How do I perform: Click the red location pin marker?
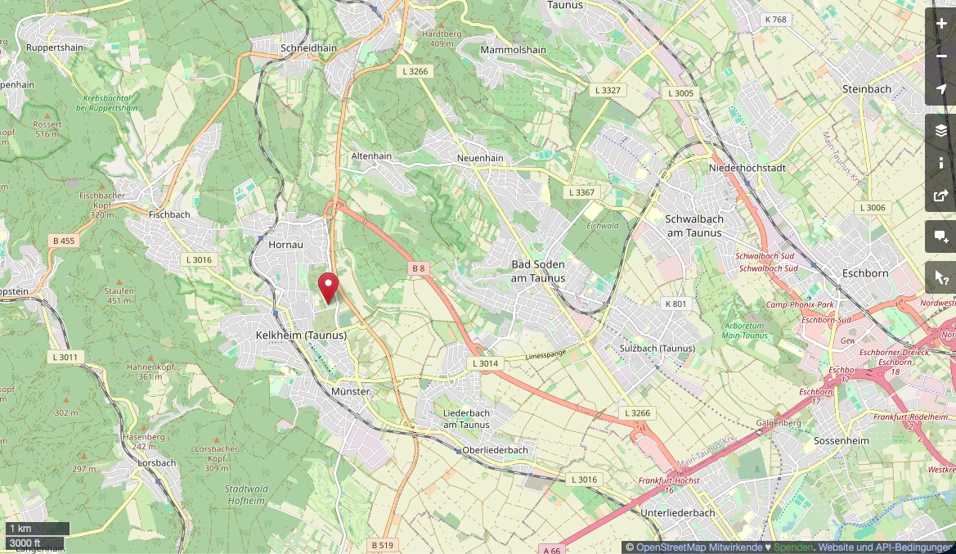(328, 287)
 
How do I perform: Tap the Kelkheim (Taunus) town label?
(301, 336)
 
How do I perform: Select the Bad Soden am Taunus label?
(538, 271)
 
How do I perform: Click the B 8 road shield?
(419, 268)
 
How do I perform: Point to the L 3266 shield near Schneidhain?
(415, 71)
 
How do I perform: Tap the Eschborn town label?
(865, 273)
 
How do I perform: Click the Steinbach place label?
(866, 88)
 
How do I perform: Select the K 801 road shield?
(676, 304)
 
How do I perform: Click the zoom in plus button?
(940, 24)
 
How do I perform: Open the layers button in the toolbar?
(940, 131)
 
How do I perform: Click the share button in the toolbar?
(940, 196)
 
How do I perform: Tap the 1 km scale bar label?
(20, 529)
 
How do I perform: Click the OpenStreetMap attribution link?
(698, 547)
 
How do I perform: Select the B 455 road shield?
(63, 241)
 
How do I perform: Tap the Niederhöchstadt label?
(748, 168)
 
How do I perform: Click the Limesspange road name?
(545, 354)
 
